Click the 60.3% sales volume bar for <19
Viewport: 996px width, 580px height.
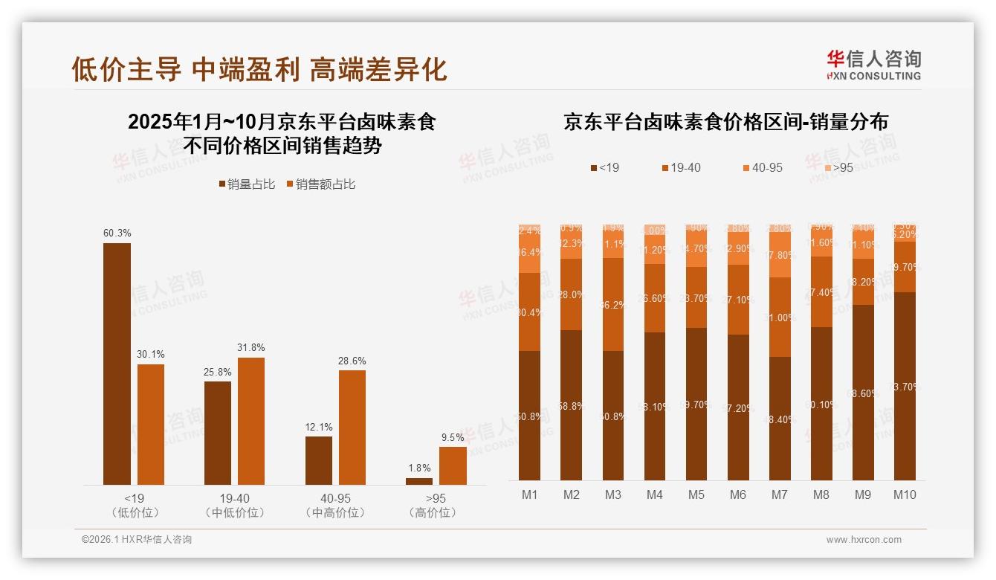tap(117, 364)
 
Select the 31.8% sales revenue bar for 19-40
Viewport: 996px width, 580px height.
tap(251, 421)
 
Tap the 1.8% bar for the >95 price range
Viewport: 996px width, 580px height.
tap(419, 481)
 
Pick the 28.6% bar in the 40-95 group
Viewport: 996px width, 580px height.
tap(352, 427)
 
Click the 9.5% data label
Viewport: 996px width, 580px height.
tap(453, 438)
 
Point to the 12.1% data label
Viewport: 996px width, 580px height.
tap(319, 428)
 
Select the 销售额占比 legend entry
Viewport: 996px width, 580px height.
tap(320, 184)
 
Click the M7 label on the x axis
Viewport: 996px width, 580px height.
tap(780, 495)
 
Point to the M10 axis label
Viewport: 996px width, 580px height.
tap(905, 495)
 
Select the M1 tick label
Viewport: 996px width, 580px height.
tap(529, 495)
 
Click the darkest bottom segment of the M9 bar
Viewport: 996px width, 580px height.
tap(863, 392)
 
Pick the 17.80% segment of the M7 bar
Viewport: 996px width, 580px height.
tap(780, 254)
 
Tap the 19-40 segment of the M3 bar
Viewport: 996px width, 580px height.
tap(613, 304)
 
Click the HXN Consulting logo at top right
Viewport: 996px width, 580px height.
tap(873, 65)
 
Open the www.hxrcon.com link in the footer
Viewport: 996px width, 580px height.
tap(864, 540)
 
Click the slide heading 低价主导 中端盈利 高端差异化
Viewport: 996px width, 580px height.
tap(259, 68)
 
